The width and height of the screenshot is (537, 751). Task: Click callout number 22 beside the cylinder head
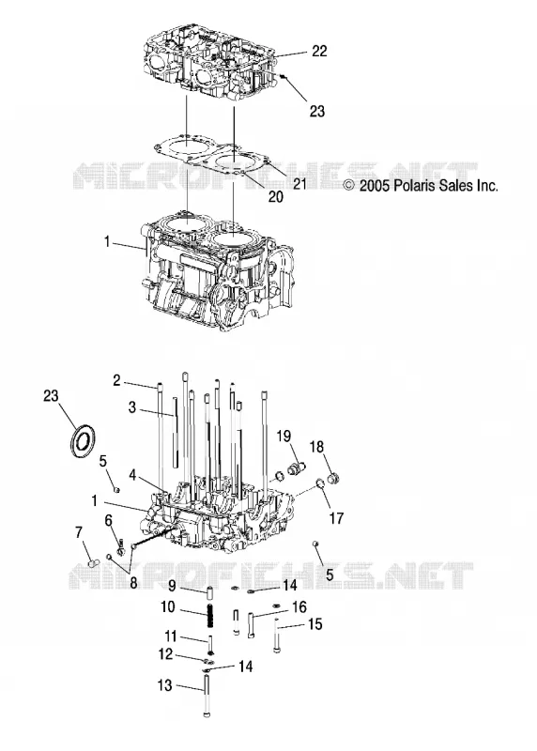(x=319, y=51)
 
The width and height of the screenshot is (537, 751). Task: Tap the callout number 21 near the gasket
(x=299, y=183)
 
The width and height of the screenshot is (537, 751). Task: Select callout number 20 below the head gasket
(x=275, y=196)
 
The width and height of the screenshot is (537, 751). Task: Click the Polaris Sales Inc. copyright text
(x=422, y=185)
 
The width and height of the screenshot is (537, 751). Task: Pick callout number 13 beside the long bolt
(x=164, y=685)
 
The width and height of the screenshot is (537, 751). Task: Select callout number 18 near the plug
(x=316, y=447)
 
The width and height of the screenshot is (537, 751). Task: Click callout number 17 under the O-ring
(x=337, y=518)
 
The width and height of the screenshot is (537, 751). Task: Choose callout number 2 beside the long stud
(x=116, y=381)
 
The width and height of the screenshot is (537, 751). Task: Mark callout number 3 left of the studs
(x=132, y=407)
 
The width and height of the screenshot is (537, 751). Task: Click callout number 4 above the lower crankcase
(x=132, y=475)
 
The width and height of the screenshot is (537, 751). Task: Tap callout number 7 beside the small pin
(x=79, y=532)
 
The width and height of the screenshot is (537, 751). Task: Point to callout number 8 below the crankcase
(x=133, y=582)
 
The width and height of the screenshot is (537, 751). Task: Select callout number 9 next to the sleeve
(x=173, y=585)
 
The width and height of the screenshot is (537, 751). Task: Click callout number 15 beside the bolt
(x=315, y=624)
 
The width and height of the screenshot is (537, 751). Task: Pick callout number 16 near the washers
(x=299, y=607)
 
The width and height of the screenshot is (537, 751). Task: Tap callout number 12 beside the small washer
(x=165, y=653)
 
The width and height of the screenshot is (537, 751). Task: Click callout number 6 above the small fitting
(x=108, y=520)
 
